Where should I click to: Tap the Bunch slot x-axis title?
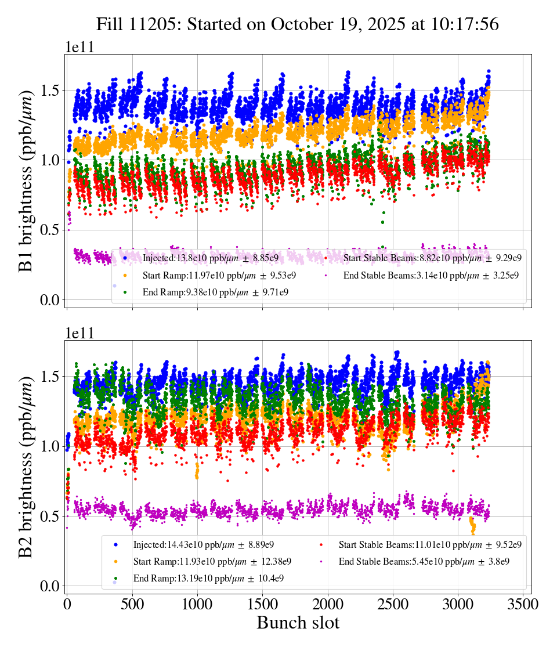[298, 623]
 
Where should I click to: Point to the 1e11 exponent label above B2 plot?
[79, 334]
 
